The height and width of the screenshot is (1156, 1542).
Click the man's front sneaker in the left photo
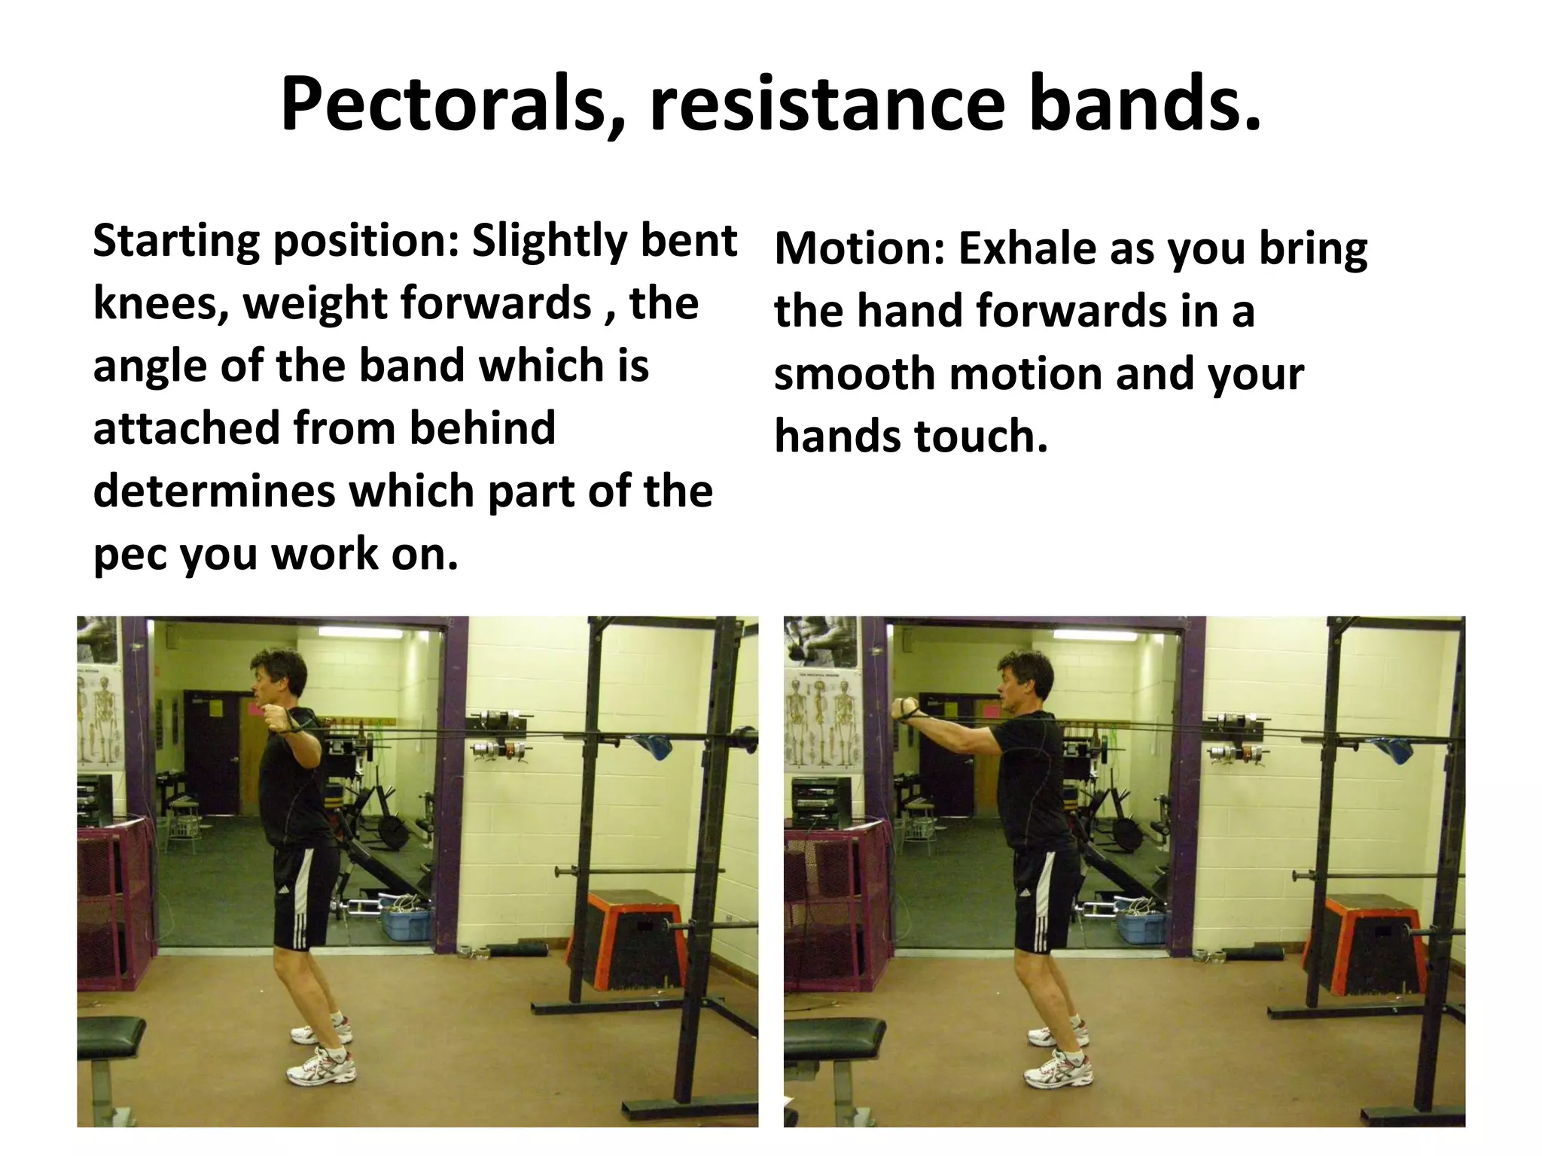(322, 1068)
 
